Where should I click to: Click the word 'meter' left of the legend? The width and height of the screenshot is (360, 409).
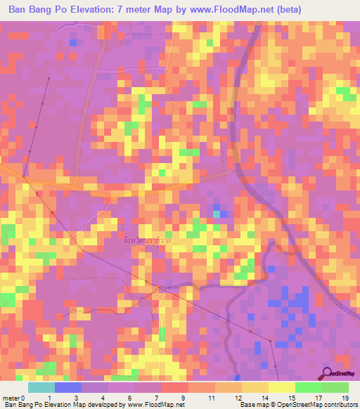pos(12,398)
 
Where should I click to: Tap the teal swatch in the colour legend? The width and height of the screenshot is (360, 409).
pos(41,387)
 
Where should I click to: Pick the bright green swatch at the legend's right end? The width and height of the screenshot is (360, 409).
pos(335,387)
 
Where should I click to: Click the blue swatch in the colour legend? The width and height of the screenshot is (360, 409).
pos(68,387)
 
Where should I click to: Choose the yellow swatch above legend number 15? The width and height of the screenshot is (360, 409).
pos(281,387)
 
